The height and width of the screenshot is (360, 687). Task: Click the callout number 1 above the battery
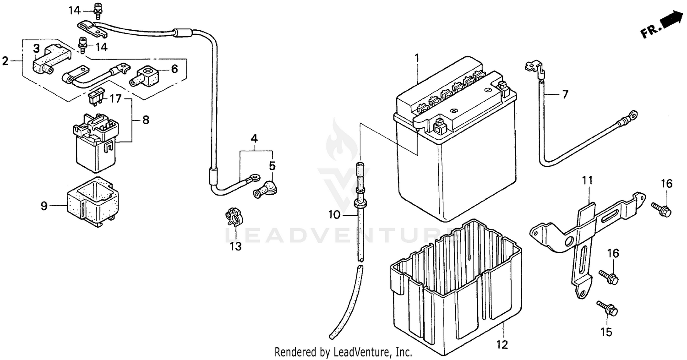(417, 58)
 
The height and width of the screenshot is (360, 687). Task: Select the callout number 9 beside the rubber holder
(44, 206)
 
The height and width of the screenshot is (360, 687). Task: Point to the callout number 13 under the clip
(235, 247)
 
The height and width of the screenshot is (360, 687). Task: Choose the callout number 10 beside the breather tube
(335, 214)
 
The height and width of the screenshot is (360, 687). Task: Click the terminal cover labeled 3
(50, 60)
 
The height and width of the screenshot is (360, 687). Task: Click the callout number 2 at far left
(5, 61)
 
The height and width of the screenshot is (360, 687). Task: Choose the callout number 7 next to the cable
(565, 95)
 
